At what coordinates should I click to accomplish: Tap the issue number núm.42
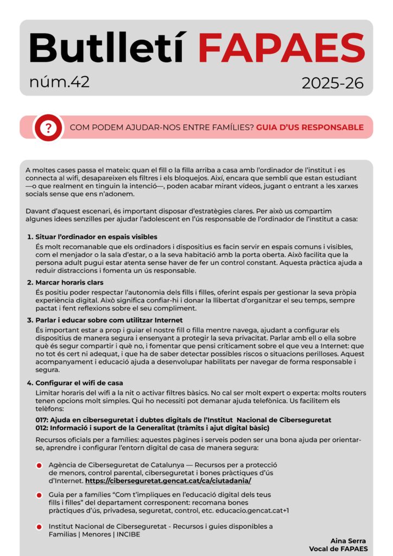click(x=60, y=82)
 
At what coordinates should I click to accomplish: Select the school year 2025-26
click(x=333, y=83)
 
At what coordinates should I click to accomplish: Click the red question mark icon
click(x=49, y=128)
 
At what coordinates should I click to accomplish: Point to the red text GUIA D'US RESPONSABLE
click(x=309, y=128)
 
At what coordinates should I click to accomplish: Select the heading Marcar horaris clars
click(x=69, y=282)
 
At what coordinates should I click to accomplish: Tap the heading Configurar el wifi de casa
click(x=79, y=383)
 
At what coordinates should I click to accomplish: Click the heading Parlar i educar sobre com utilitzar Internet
click(x=109, y=320)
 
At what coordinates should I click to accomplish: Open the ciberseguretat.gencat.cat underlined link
click(x=168, y=481)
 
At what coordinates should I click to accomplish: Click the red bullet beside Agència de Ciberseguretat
click(x=39, y=466)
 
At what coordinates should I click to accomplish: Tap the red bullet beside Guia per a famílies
click(x=39, y=495)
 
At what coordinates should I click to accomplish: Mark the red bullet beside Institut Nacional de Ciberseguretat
click(x=39, y=527)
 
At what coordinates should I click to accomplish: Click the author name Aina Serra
click(x=348, y=540)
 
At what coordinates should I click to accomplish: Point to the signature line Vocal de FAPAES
click(x=338, y=548)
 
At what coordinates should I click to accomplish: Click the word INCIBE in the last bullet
click(x=134, y=534)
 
